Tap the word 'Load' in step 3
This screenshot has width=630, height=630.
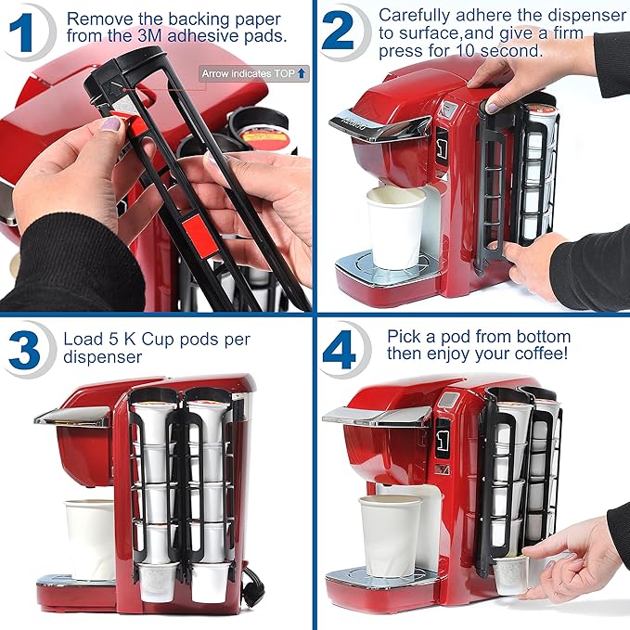coord(83,339)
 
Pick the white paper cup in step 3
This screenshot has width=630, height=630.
coord(90,538)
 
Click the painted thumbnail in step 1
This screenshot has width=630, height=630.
coord(110,124)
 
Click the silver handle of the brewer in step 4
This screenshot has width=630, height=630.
coord(371,415)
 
